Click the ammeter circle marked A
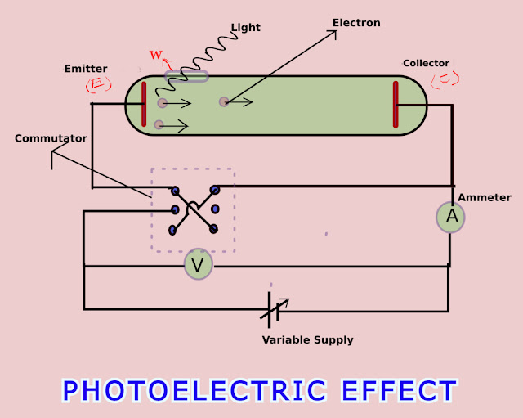[x=450, y=217]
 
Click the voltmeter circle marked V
[x=197, y=264]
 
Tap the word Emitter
[x=86, y=69]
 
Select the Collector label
[x=426, y=63]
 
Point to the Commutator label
[x=51, y=138]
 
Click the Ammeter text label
[x=485, y=197]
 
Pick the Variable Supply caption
[x=307, y=339]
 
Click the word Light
[x=245, y=27]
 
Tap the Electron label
[x=356, y=23]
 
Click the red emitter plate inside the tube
[x=144, y=104]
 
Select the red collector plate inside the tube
[x=396, y=104]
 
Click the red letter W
[x=155, y=55]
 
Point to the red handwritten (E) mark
[x=98, y=84]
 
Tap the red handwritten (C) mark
[x=445, y=79]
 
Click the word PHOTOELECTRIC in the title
[x=194, y=390]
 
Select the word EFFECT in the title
[x=399, y=390]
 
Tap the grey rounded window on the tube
[x=187, y=76]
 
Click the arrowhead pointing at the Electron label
[x=333, y=34]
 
